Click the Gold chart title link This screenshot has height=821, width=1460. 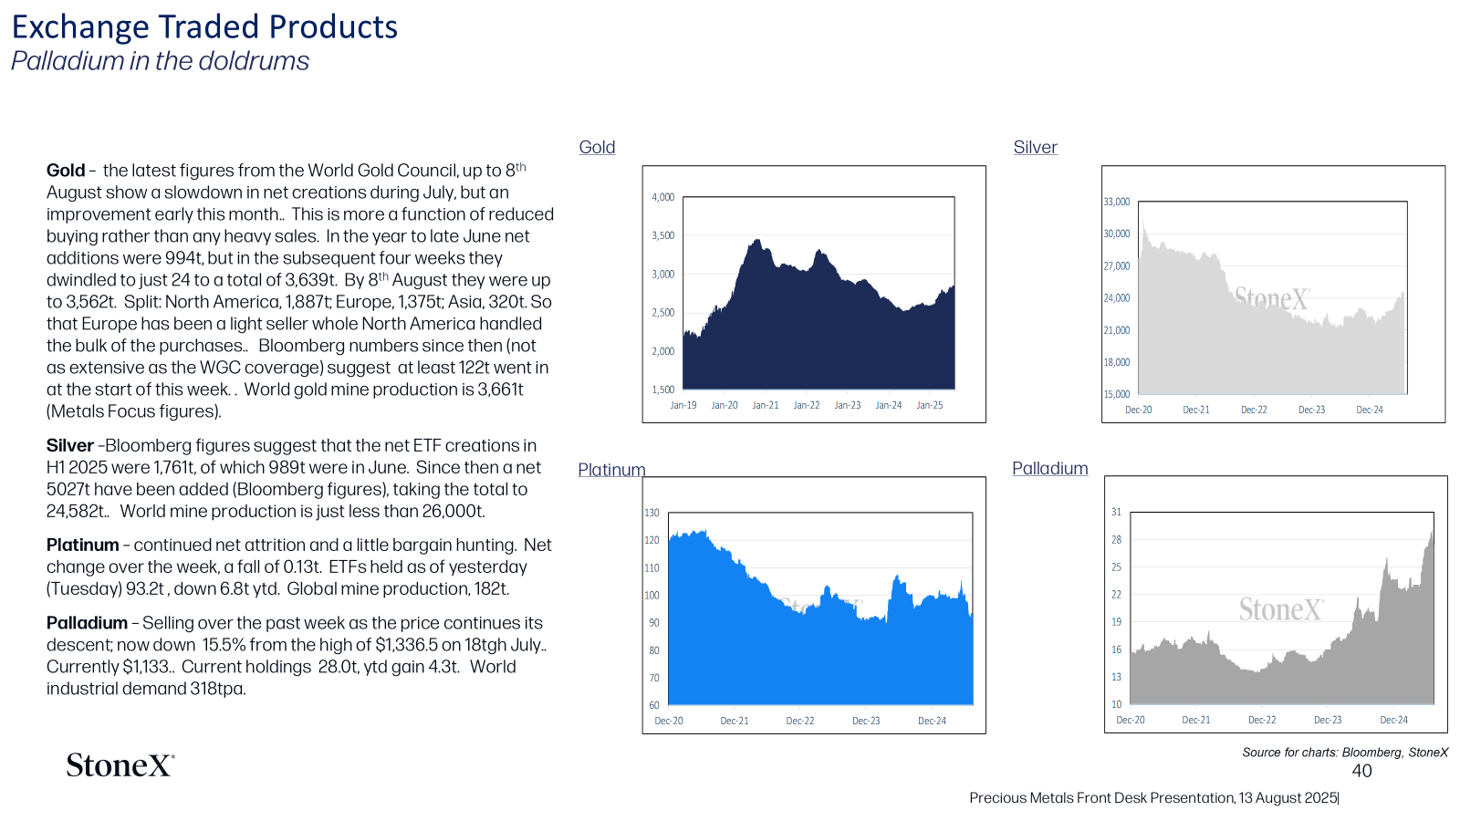pyautogui.click(x=597, y=147)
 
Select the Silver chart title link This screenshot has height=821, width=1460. pyautogui.click(x=1035, y=147)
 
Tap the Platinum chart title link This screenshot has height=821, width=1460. pyautogui.click(x=611, y=469)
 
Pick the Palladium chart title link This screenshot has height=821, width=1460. pyautogui.click(x=1050, y=468)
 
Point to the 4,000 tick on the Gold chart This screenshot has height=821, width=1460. pyautogui.click(x=662, y=197)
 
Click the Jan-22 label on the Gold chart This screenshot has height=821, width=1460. pyautogui.click(x=807, y=405)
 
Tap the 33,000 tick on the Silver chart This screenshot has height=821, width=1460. pyautogui.click(x=1117, y=202)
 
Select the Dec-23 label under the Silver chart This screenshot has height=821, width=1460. pyautogui.click(x=1311, y=410)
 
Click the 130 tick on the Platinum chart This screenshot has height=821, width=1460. pyautogui.click(x=652, y=513)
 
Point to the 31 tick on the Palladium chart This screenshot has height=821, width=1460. pyautogui.click(x=1117, y=512)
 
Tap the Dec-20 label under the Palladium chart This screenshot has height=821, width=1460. pyautogui.click(x=1131, y=720)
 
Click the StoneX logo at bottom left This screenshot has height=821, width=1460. pyautogui.click(x=120, y=765)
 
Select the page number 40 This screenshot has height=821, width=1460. pyautogui.click(x=1361, y=771)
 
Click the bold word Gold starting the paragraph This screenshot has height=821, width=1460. pyautogui.click(x=65, y=170)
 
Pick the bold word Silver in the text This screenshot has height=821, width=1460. pyautogui.click(x=69, y=445)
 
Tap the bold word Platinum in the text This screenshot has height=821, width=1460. pyautogui.click(x=82, y=545)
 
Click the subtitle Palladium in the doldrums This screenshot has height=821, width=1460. pyautogui.click(x=161, y=60)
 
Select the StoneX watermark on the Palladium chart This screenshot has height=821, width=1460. pyautogui.click(x=1281, y=610)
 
